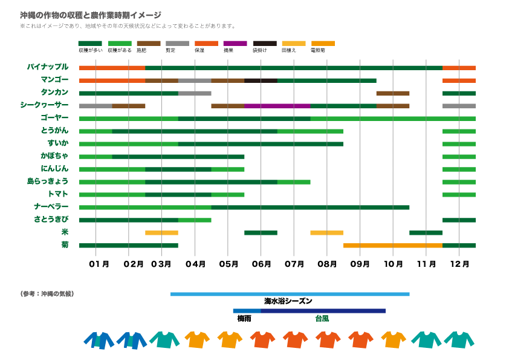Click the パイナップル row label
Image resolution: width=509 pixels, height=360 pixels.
[48, 67]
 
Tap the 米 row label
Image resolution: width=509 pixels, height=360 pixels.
[65, 232]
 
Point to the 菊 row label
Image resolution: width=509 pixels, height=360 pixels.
[65, 244]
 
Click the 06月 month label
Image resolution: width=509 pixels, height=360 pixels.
[261, 264]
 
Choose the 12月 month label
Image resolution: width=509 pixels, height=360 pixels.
[459, 264]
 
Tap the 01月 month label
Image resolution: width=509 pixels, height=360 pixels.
[99, 264]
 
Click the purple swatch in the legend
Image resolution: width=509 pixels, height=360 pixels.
[235, 44]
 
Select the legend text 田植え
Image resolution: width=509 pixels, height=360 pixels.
[289, 51]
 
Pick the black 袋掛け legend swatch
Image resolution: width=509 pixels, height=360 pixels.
[264, 44]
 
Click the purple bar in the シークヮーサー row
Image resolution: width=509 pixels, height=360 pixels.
[277, 105]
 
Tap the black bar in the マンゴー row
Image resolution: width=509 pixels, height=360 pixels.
[261, 80]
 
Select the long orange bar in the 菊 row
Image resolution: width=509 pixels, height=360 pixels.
[392, 245]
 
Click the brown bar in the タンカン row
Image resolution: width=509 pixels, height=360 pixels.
[392, 93]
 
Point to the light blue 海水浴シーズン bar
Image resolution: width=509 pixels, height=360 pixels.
[290, 294]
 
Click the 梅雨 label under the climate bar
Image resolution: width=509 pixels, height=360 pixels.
[244, 318]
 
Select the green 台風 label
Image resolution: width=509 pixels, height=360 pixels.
[322, 318]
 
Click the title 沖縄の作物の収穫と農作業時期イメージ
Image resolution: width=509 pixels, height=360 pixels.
[91, 15]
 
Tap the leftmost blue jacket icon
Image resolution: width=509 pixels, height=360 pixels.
[99, 340]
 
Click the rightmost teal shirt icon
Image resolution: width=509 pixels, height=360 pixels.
[459, 340]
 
